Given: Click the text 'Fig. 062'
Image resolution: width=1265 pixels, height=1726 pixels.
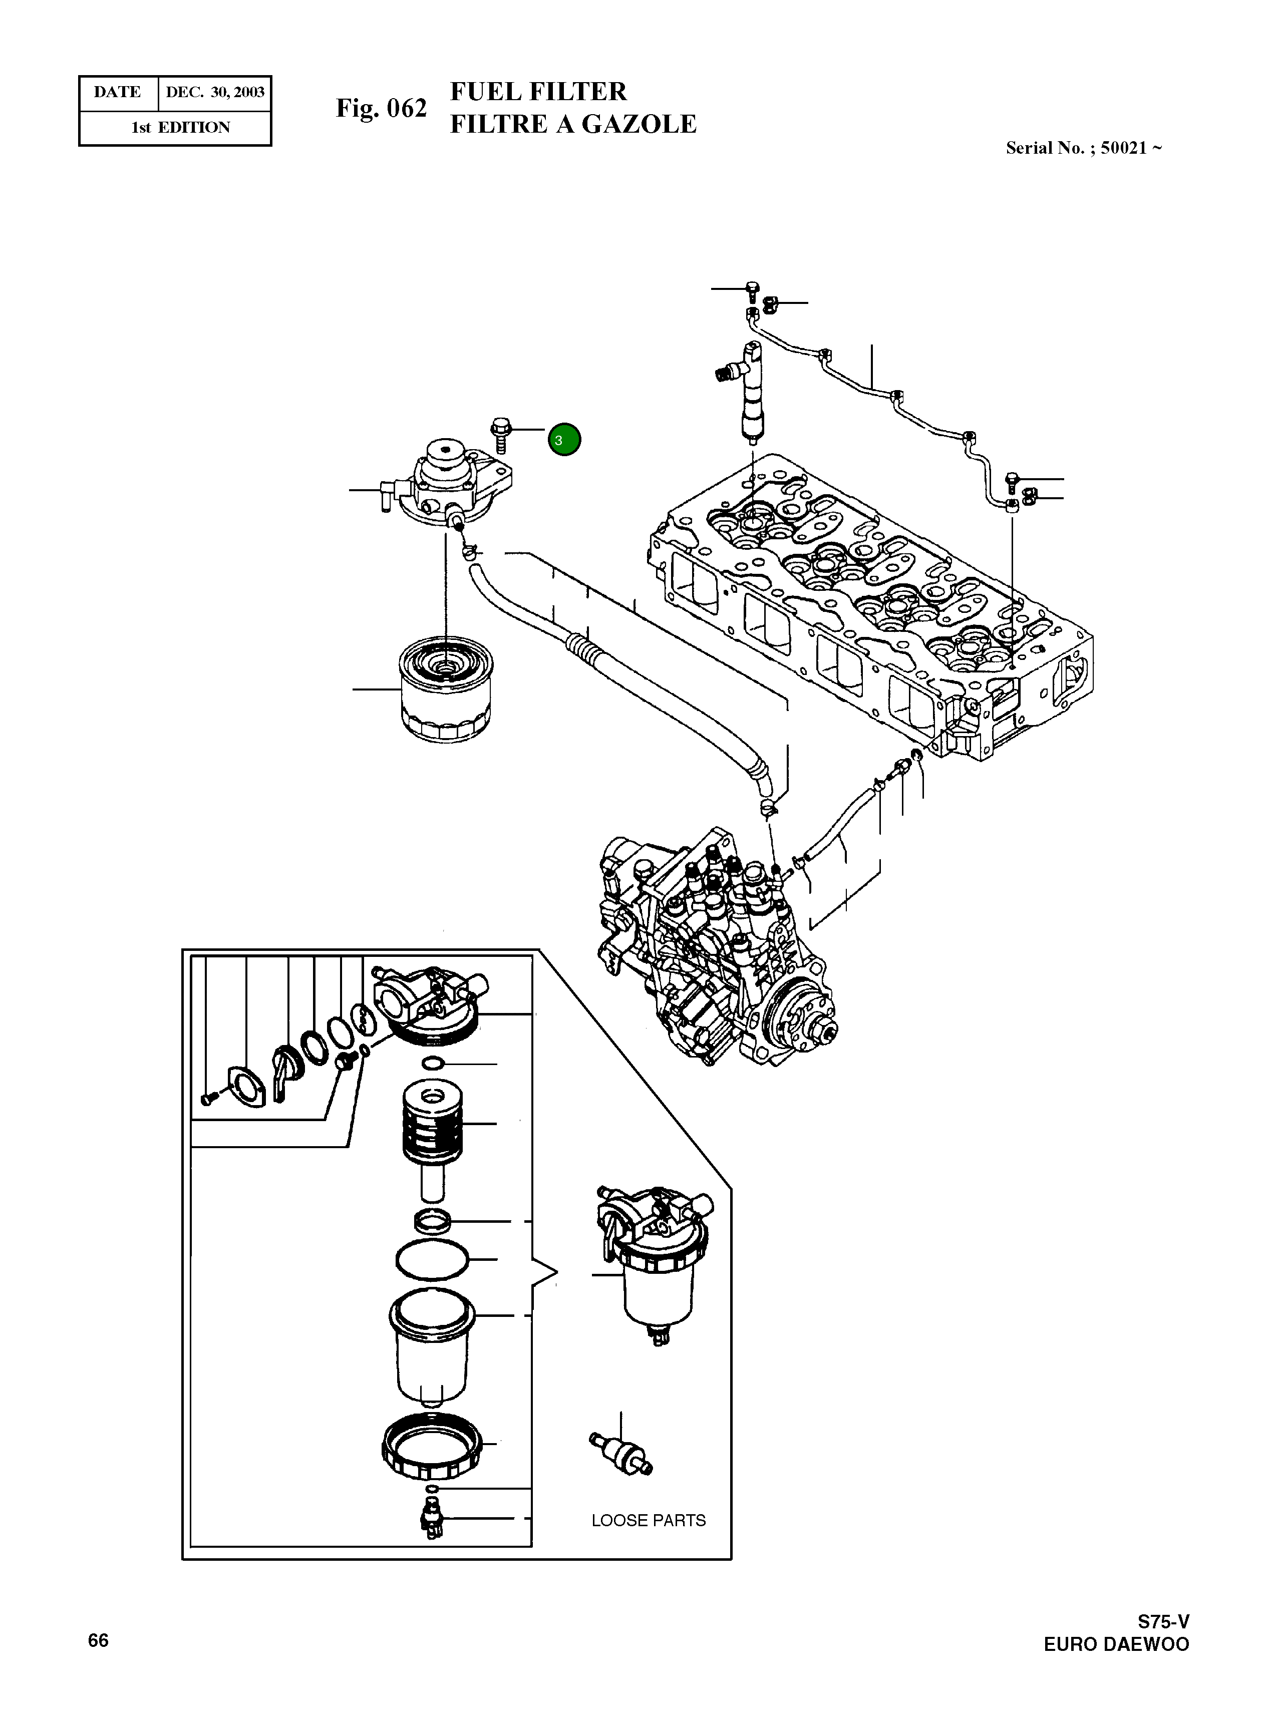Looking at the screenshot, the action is (381, 109).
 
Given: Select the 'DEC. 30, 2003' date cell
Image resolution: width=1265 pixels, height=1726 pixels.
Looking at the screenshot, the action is (215, 93).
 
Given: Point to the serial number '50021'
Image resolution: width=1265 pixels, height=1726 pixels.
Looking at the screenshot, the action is (1123, 148).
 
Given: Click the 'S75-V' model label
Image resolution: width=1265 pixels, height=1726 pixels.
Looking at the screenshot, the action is (1163, 1621).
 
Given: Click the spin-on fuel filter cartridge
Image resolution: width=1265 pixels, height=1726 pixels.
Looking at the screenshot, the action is (446, 689).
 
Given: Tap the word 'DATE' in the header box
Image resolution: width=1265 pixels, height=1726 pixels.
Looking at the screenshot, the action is (117, 93).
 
